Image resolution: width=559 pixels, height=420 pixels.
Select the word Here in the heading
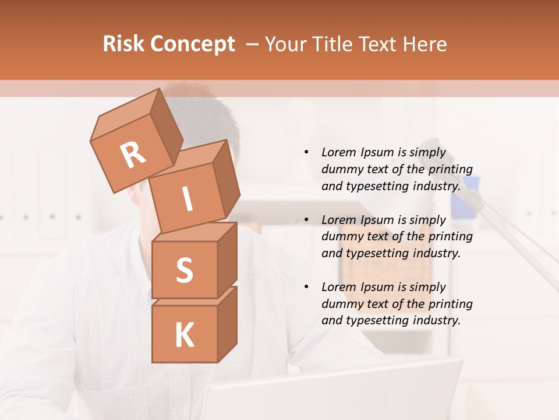424,44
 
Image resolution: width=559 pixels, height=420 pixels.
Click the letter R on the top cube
133,156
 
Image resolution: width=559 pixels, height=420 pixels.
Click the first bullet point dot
306,152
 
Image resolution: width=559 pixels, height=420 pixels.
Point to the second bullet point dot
306,220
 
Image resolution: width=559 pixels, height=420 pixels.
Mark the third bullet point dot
306,287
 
